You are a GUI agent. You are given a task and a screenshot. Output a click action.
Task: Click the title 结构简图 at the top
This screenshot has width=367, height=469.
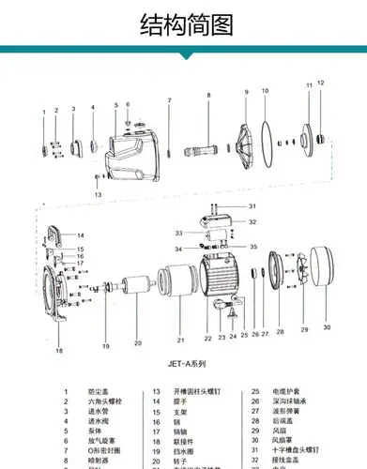pos(184,25)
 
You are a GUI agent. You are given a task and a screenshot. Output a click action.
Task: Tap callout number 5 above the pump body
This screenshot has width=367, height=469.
pos(115,105)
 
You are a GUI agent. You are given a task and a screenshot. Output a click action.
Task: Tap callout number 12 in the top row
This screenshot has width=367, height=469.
pos(320,83)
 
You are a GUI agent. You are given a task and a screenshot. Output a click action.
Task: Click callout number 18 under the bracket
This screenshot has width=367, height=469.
pos(58,351)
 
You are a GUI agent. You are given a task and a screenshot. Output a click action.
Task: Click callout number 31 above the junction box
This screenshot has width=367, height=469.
pos(252,205)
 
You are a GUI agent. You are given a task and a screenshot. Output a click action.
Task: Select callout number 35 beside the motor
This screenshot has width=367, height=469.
pos(252,245)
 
